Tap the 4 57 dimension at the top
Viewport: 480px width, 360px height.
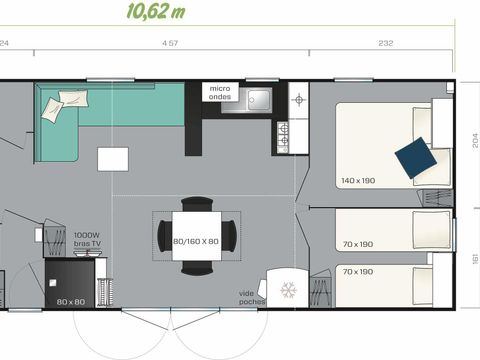point(170,44)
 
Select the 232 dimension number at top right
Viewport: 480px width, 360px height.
point(386,44)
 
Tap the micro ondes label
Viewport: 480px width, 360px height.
point(221,94)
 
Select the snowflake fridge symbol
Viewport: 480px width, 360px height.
point(288,290)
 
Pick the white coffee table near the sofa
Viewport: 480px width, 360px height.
point(112,159)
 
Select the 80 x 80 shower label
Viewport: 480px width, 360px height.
point(70,301)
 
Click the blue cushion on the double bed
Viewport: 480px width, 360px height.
point(414,156)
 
